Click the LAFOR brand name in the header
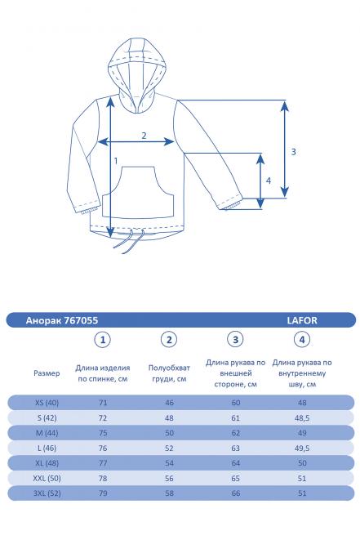tap(301, 321)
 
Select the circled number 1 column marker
tap(103, 340)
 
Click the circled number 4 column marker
tap(302, 340)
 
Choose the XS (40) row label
tap(47, 402)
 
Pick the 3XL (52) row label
tap(47, 493)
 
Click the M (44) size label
tap(47, 432)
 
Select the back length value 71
tap(103, 402)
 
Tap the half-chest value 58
tap(169, 493)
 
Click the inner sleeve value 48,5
tap(302, 417)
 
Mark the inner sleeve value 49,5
tap(302, 448)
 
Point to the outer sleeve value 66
tap(236, 493)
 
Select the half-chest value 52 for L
tap(169, 448)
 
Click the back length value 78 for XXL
tap(103, 478)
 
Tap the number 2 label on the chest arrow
tap(144, 135)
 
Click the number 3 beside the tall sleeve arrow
tap(292, 151)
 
